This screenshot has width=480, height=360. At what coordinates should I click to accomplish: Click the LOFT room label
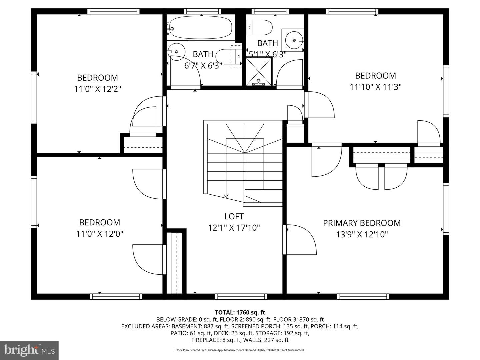click(234, 216)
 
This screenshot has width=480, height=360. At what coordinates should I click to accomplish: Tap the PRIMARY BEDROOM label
click(362, 223)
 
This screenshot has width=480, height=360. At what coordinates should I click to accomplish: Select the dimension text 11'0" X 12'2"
click(97, 89)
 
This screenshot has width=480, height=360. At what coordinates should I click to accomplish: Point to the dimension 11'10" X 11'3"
click(375, 87)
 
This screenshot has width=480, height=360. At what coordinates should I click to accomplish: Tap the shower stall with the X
click(259, 71)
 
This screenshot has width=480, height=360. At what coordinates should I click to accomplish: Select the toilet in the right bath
click(259, 27)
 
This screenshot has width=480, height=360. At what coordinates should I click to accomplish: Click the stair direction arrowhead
click(226, 196)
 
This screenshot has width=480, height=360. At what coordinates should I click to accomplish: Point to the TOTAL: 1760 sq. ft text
click(240, 312)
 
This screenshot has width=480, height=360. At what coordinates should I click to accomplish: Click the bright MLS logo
click(29, 350)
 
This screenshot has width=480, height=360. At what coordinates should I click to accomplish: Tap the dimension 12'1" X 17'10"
click(234, 228)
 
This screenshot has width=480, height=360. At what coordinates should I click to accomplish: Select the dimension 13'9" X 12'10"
click(362, 235)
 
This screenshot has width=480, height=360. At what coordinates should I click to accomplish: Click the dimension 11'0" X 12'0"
click(100, 234)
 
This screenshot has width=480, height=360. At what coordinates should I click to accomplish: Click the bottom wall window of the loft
click(241, 296)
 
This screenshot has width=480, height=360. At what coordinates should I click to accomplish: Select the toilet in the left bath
click(229, 56)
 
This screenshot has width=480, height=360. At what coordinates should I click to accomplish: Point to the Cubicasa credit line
click(240, 350)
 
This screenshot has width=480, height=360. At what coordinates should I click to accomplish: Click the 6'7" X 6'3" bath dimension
click(203, 65)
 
